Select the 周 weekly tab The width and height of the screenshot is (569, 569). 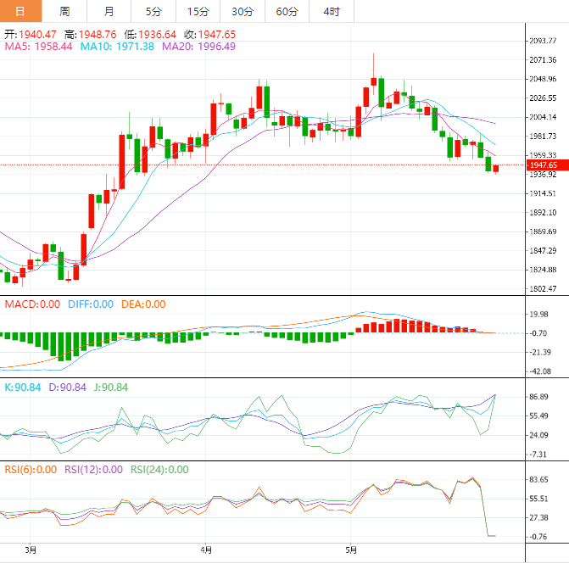[x=65, y=11]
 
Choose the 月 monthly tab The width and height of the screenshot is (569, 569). [x=109, y=11]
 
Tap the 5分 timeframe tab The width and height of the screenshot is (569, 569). [x=153, y=11]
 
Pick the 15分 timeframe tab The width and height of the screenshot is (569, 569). [x=198, y=11]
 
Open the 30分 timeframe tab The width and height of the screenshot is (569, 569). [x=243, y=11]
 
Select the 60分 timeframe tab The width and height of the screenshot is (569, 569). [x=287, y=11]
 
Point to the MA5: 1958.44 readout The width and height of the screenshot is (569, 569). [x=39, y=47]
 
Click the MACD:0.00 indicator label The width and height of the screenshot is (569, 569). [x=32, y=304]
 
